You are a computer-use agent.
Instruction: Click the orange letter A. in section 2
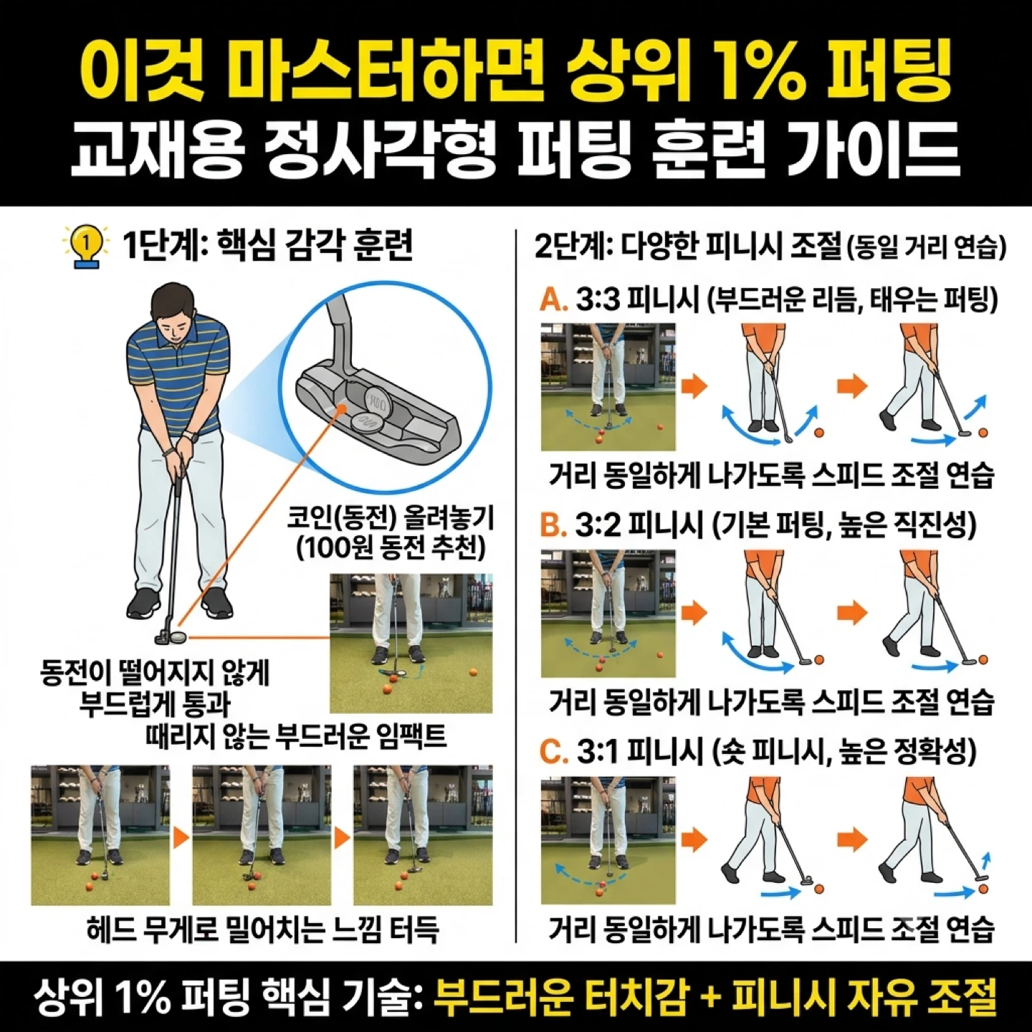(x=553, y=302)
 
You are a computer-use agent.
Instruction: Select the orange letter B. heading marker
(x=553, y=527)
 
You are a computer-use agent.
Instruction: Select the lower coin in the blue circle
(x=368, y=421)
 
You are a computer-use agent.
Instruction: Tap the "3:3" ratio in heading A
(x=598, y=302)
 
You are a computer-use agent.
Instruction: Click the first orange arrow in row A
(x=694, y=386)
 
